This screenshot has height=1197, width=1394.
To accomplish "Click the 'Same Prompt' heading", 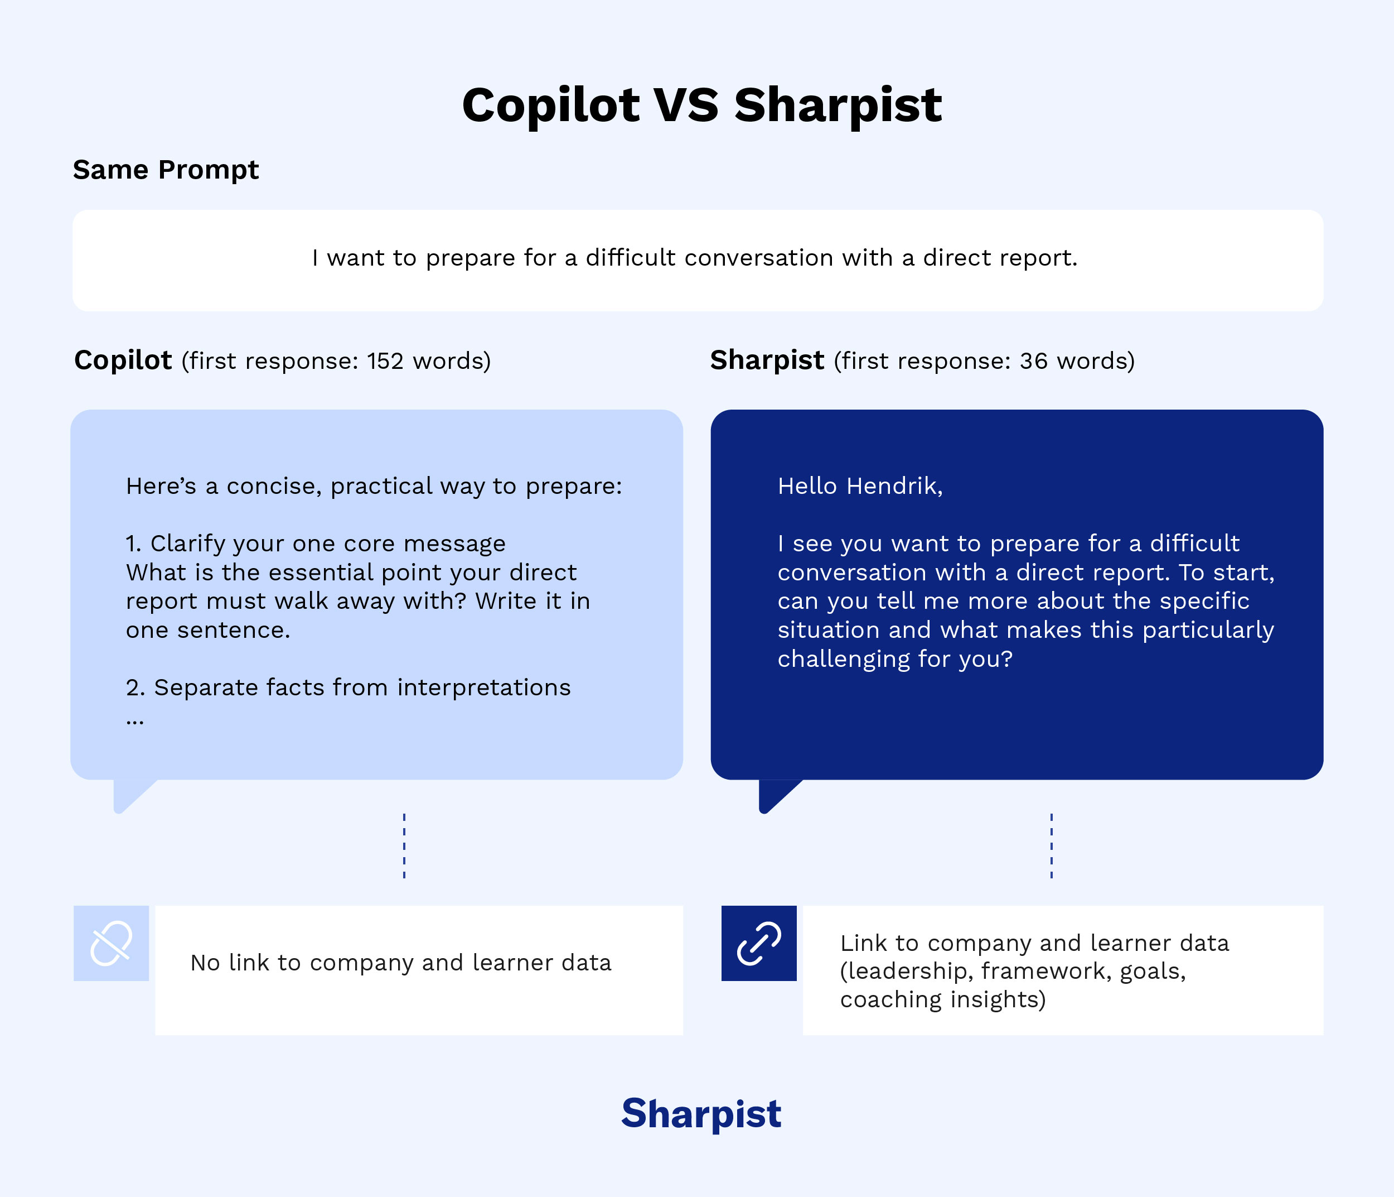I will pos(166,170).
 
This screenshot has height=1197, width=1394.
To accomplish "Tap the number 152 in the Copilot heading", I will pos(385,362).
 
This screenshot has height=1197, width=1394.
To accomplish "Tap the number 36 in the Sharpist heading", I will pos(1033,362).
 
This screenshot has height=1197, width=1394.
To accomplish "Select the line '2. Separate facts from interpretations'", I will pos(348,688).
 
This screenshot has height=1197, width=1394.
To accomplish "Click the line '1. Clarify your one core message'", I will pos(316,544).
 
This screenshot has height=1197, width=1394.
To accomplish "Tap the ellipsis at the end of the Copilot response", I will pos(134,721).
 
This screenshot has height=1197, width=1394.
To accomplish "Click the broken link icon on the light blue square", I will pos(111,943).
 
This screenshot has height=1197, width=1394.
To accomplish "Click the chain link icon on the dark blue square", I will pos(759,943).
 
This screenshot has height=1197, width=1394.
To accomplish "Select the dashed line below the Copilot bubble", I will pos(404,845).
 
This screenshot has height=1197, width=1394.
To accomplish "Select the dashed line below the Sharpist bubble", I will pos(1052,845).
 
